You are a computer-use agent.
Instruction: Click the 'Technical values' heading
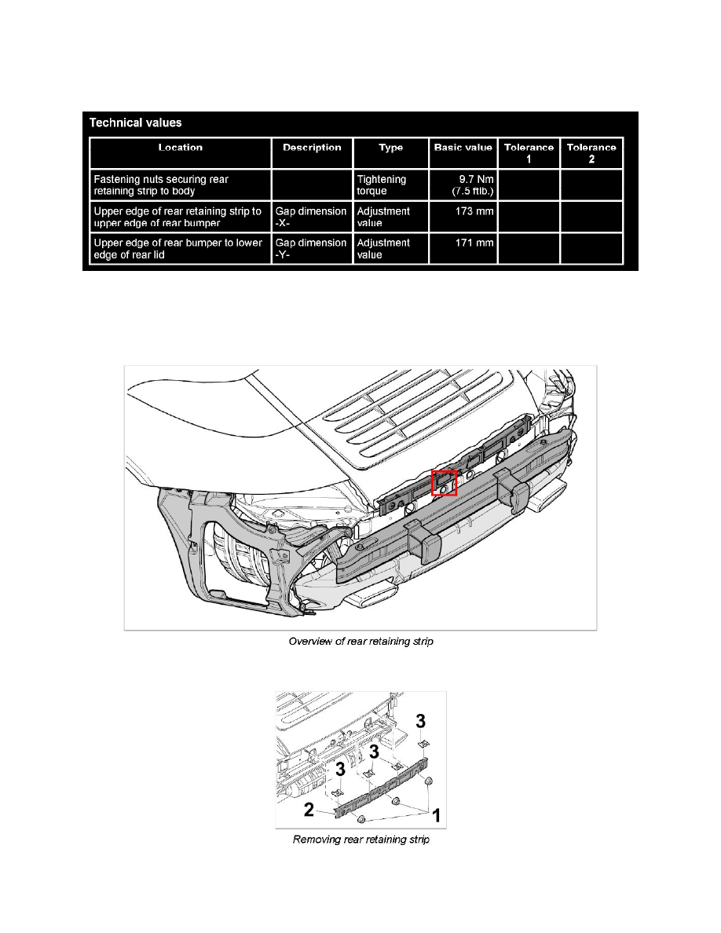(136, 123)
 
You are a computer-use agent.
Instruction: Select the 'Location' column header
(180, 148)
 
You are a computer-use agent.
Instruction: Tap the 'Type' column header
(390, 148)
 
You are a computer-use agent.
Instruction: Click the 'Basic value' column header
(463, 148)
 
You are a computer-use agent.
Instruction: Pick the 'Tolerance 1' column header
(529, 152)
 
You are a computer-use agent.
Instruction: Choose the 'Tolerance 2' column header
(591, 152)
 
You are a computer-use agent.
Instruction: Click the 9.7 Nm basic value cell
(463, 185)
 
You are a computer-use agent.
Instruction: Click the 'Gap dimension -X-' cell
(310, 217)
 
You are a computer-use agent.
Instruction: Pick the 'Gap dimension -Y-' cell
(310, 248)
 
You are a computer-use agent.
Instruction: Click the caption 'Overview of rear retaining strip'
(360, 642)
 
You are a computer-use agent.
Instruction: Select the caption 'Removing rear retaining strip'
(360, 840)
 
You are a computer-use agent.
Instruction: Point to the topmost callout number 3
(422, 720)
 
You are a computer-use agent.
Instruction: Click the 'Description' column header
(312, 148)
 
